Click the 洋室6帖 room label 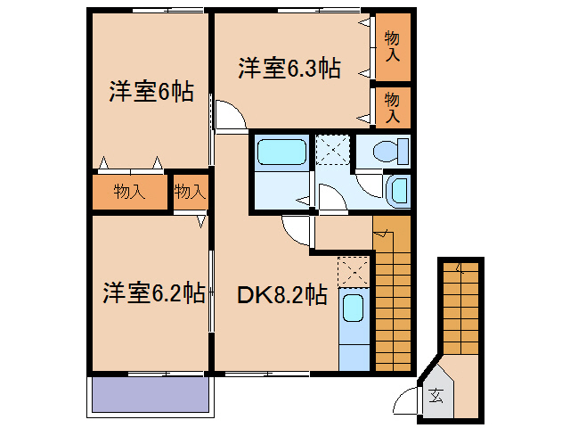[151, 92]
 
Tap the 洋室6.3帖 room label [289, 69]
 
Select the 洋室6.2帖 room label [153, 292]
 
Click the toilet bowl [389, 151]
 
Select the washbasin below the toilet [399, 189]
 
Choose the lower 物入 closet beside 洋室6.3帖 [392, 106]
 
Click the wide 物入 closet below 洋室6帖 [130, 191]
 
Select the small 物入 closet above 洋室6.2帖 [190, 191]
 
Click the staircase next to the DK [392, 299]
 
